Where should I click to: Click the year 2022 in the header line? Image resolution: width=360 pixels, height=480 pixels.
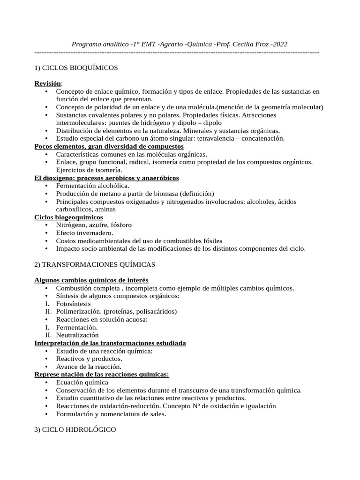pyautogui.click(x=279, y=44)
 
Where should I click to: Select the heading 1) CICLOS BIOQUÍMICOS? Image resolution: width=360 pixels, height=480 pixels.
pyautogui.click(x=76, y=68)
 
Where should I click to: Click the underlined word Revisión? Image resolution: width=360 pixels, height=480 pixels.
pyautogui.click(x=48, y=83)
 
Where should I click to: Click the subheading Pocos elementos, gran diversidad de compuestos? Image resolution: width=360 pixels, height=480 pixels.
pyautogui.click(x=109, y=146)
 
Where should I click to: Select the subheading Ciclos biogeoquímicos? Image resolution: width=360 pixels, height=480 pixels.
pyautogui.click(x=69, y=217)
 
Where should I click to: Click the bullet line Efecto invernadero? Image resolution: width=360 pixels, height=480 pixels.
pyautogui.click(x=84, y=232)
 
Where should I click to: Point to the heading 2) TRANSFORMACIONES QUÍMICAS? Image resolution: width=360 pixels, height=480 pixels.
pyautogui.click(x=95, y=264)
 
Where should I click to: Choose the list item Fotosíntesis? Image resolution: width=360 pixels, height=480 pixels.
pyautogui.click(x=74, y=304)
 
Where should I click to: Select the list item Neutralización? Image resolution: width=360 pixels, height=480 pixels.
pyautogui.click(x=77, y=335)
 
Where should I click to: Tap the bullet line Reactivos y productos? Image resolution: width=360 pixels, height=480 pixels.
pyautogui.click(x=89, y=359)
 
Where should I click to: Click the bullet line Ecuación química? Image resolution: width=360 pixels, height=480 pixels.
pyautogui.click(x=82, y=382)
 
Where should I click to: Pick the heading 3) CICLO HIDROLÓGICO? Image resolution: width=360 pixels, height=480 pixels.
pyautogui.click(x=75, y=430)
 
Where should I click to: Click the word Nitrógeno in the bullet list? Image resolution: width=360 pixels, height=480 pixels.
pyautogui.click(x=71, y=225)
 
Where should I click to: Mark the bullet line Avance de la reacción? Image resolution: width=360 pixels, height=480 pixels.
pyautogui.click(x=89, y=367)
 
